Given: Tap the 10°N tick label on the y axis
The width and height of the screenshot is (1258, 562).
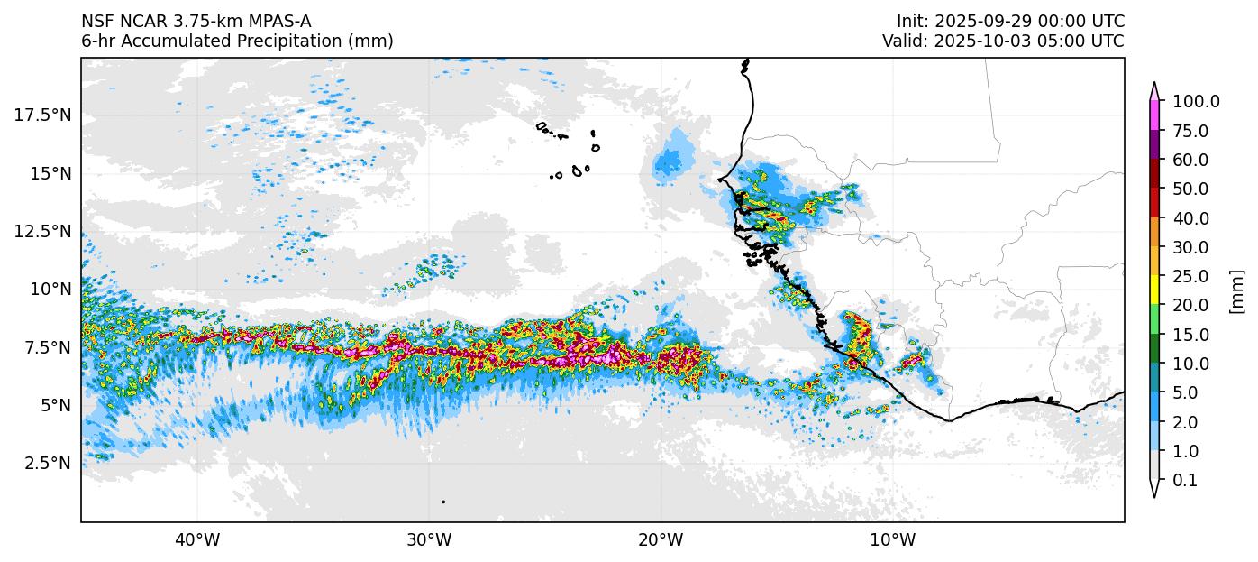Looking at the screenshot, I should click(52, 289).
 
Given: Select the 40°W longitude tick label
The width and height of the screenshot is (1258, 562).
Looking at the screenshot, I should click(196, 540).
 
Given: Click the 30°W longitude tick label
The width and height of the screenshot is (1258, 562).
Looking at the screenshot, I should click(428, 540).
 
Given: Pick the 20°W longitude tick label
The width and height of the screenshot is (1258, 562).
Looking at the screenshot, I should click(661, 540).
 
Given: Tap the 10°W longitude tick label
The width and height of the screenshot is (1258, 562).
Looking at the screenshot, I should click(892, 540).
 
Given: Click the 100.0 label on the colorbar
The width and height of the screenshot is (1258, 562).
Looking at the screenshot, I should click(1196, 102).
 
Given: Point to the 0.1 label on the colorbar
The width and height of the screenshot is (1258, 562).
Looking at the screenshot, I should click(1185, 481).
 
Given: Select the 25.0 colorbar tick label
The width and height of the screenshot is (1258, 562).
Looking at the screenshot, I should click(1190, 276).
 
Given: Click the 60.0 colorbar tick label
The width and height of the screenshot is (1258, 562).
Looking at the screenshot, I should click(1190, 160).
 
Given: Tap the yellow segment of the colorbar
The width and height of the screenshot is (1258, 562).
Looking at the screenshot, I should click(1154, 290).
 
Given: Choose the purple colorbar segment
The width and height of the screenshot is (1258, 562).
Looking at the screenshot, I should click(1154, 145).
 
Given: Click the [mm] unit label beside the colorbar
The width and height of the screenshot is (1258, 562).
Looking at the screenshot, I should click(1236, 291).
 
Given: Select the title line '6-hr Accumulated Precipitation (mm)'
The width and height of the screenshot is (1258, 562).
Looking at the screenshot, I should click(237, 41).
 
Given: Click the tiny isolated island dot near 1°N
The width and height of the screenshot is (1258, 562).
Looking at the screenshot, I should click(443, 502).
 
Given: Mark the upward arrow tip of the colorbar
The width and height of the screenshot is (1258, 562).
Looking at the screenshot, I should click(1154, 84).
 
